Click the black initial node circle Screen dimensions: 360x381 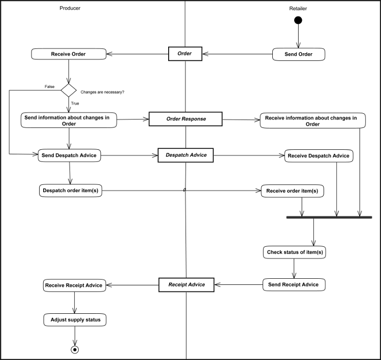[x=298, y=20]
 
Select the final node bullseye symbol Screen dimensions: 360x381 [x=75, y=349]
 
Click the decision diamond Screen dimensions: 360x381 [x=69, y=90]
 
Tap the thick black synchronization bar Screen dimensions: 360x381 [x=329, y=217]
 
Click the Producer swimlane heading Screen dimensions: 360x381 [x=70, y=8]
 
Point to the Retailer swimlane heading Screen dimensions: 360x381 [x=298, y=9]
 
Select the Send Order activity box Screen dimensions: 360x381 [x=298, y=54]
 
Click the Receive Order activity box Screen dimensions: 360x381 [x=69, y=54]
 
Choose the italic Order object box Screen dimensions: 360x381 [x=185, y=53]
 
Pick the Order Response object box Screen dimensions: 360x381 [x=185, y=119]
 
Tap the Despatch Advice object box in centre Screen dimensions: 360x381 [x=185, y=155]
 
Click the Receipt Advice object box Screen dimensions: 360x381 [x=186, y=285]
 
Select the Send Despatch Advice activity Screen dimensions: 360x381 [x=70, y=155]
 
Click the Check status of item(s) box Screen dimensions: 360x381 [x=295, y=252]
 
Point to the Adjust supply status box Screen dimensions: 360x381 [x=75, y=320]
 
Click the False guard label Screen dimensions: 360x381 [x=49, y=87]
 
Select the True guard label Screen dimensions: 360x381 [x=75, y=103]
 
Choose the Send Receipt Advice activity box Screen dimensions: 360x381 [x=294, y=285]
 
